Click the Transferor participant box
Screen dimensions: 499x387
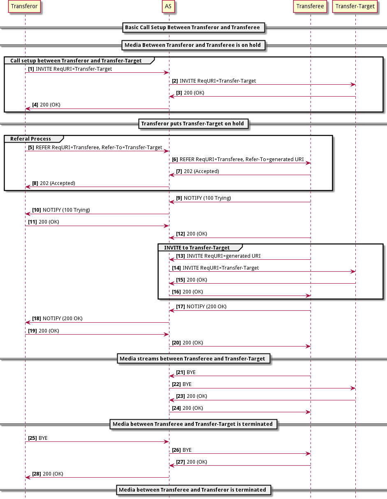point(25,7)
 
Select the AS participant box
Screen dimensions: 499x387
point(168,7)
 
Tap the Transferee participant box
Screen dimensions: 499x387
point(311,7)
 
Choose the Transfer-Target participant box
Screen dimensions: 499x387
point(355,7)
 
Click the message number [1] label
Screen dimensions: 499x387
point(31,69)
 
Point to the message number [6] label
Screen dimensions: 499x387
point(175,159)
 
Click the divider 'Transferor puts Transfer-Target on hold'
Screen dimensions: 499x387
point(192,123)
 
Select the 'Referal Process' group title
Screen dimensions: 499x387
point(31,139)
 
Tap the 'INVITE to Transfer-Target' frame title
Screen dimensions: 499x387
point(197,248)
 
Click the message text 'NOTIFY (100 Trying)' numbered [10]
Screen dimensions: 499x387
point(66,210)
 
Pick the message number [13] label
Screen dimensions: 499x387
point(181,256)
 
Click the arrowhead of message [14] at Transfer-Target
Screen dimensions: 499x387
point(353,271)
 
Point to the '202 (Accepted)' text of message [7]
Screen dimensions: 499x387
point(202,171)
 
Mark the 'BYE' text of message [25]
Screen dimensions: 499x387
point(43,438)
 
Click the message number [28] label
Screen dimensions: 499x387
point(36,474)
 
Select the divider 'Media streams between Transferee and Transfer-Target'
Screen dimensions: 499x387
point(192,359)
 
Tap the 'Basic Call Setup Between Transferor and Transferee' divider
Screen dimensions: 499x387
point(192,28)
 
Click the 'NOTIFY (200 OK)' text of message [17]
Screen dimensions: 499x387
point(206,307)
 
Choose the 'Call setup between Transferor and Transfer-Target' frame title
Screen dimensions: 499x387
point(76,61)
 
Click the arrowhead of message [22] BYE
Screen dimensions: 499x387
point(353,388)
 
